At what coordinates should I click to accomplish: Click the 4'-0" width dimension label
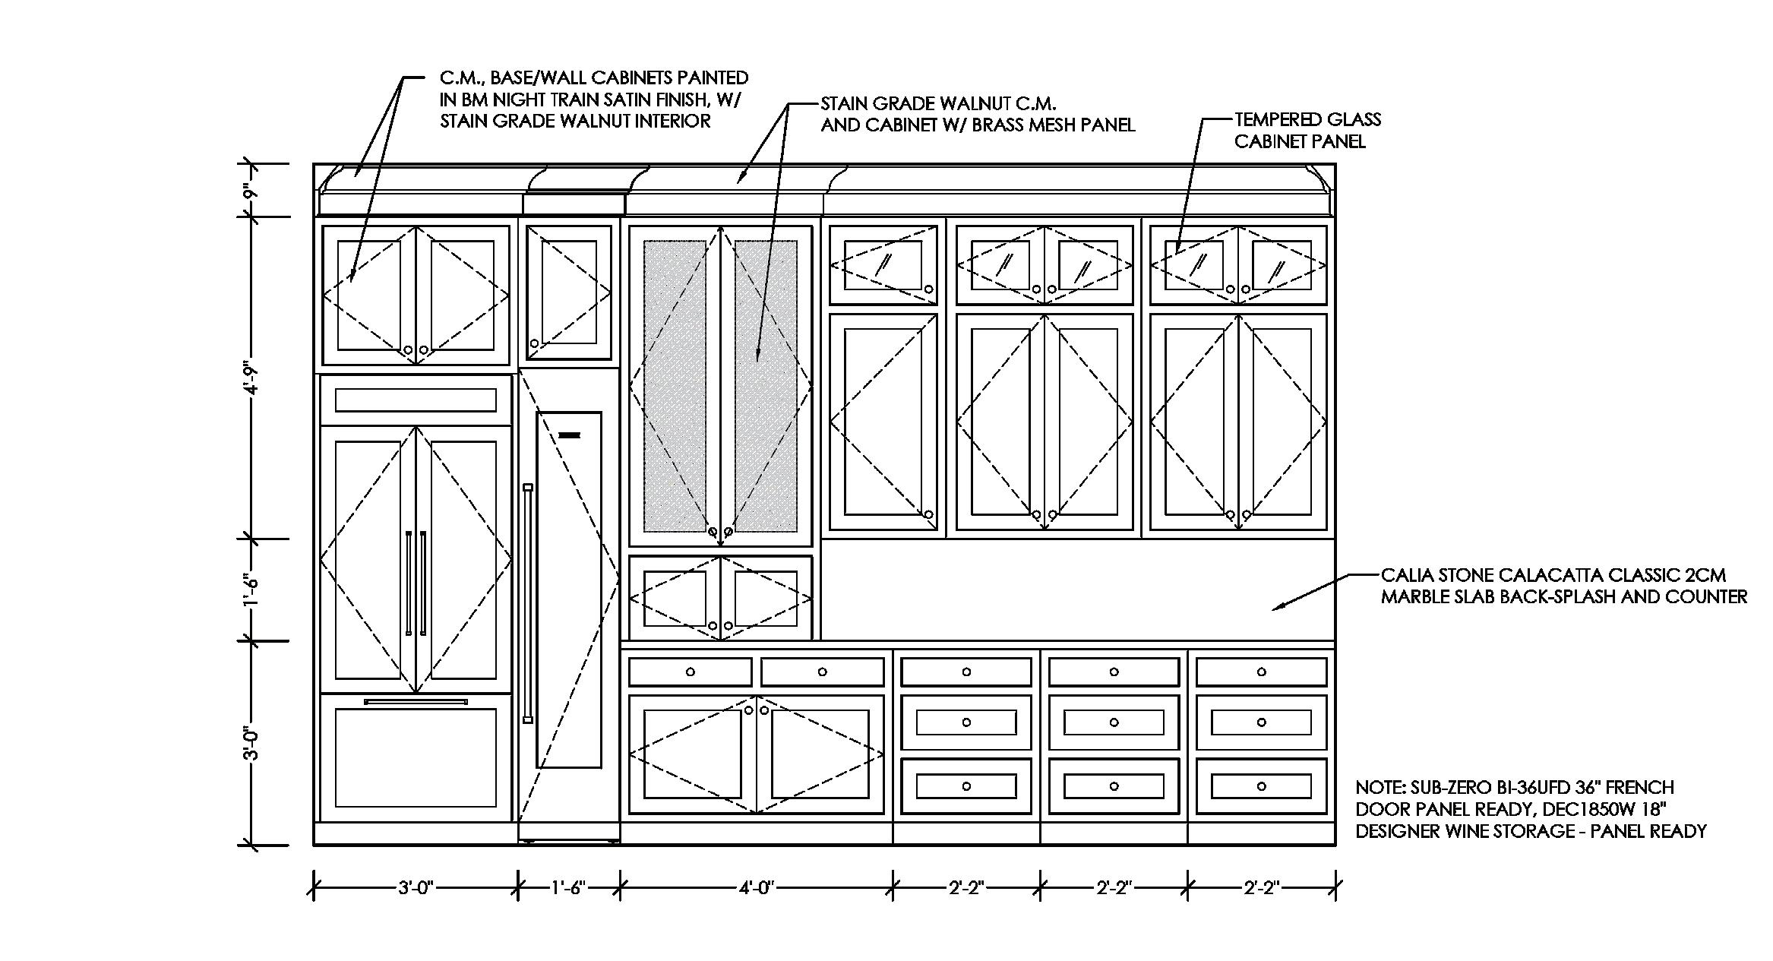pyautogui.click(x=757, y=887)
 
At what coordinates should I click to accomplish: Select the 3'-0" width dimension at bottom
pyautogui.click(x=415, y=887)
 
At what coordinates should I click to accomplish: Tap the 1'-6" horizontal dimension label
pyautogui.click(x=568, y=887)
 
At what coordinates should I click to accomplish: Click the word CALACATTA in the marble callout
pyautogui.click(x=1588, y=576)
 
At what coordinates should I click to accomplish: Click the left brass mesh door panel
pyautogui.click(x=675, y=386)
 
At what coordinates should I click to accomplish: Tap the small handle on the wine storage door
pyautogui.click(x=569, y=436)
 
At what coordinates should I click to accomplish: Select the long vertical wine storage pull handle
pyautogui.click(x=528, y=603)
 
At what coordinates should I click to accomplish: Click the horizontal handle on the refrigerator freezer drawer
pyautogui.click(x=415, y=702)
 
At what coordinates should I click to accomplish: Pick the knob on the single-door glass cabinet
pyautogui.click(x=928, y=289)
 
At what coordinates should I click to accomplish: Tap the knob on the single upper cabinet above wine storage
pyautogui.click(x=534, y=343)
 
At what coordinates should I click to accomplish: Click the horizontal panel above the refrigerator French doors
pyautogui.click(x=416, y=400)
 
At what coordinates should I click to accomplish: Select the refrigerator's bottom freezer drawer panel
pyautogui.click(x=416, y=757)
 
